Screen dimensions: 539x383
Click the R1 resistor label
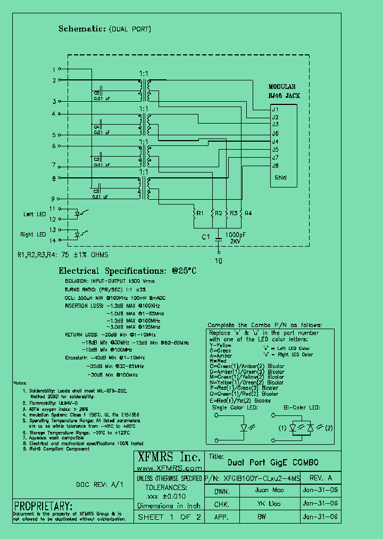click(199, 213)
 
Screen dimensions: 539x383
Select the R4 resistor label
click(248, 213)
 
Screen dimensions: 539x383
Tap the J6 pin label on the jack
click(275, 133)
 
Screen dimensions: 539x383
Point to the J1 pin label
click(275, 109)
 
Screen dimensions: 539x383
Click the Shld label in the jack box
click(280, 177)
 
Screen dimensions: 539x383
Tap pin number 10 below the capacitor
click(218, 261)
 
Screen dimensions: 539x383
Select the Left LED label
click(35, 214)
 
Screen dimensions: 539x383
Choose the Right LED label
click(34, 234)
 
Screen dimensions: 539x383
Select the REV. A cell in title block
click(321, 478)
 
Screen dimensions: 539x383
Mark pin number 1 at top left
click(53, 69)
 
